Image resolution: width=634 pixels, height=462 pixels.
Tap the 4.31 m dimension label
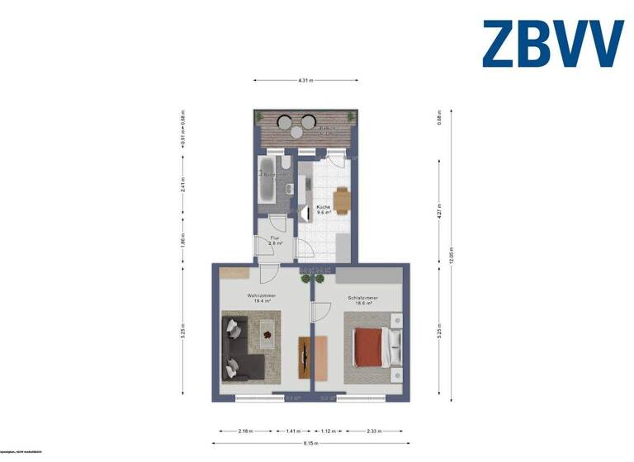tap(305, 80)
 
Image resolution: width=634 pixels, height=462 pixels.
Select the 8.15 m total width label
tap(310, 444)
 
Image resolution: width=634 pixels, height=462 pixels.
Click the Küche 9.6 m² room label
tap(324, 210)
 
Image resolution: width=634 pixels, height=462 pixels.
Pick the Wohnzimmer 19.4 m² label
tap(261, 298)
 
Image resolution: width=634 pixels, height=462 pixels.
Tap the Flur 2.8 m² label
tap(275, 241)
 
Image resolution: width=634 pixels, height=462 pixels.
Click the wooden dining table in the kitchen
tap(341, 199)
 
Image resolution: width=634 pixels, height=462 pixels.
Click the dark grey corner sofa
tap(240, 351)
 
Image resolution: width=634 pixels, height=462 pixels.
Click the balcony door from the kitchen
tap(335, 159)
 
